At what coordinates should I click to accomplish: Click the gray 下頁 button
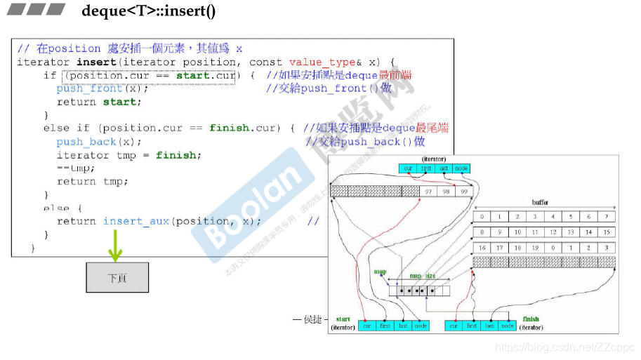pyautogui.click(x=117, y=277)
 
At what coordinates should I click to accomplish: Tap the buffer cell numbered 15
pyautogui.click(x=607, y=232)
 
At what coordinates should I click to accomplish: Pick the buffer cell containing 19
pyautogui.click(x=535, y=248)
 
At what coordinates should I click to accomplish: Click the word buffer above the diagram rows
pyautogui.click(x=541, y=202)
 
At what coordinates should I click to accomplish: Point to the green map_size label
pyautogui.click(x=421, y=276)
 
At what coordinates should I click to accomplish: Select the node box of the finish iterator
pyautogui.click(x=508, y=326)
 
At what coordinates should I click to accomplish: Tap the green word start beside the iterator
pyautogui.click(x=343, y=319)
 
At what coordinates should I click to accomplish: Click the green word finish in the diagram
pyautogui.click(x=531, y=319)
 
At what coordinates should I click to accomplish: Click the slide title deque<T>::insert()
pyautogui.click(x=149, y=11)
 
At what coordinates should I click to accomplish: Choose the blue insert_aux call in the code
pyautogui.click(x=136, y=221)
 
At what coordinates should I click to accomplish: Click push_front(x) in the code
pyautogui.click(x=103, y=88)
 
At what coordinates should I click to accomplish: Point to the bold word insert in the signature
pyautogui.click(x=91, y=62)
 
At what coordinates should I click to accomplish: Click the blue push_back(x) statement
pyautogui.click(x=95, y=142)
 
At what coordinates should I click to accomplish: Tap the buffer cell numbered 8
pyautogui.click(x=482, y=232)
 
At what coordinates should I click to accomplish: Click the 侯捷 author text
pyautogui.click(x=312, y=320)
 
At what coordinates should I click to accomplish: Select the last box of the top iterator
pyautogui.click(x=444, y=168)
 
